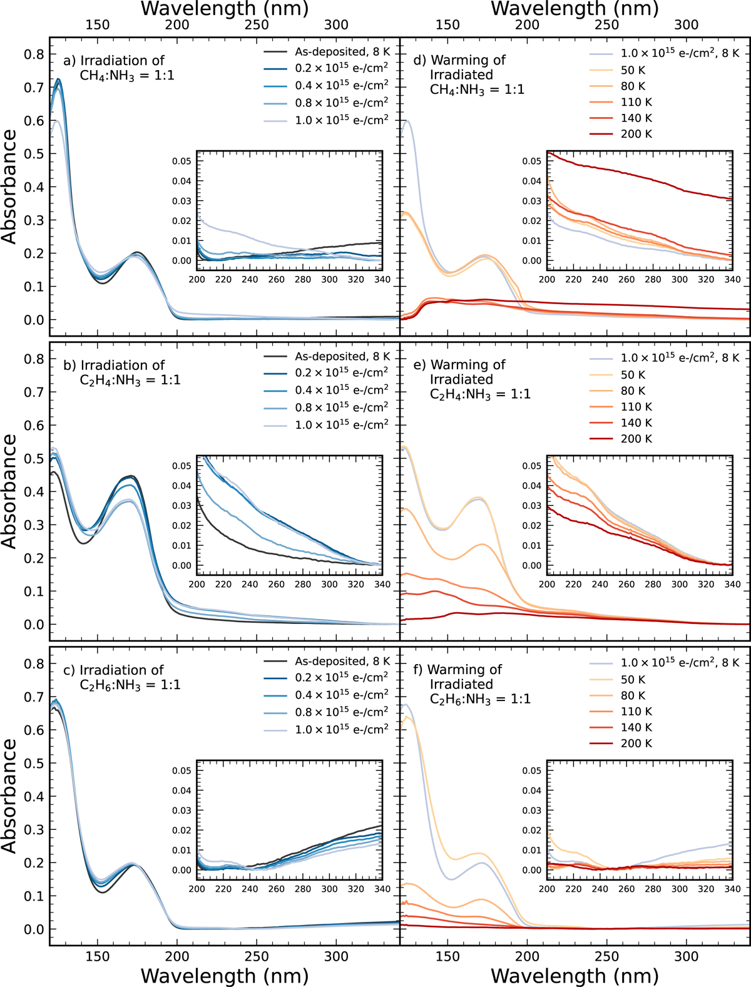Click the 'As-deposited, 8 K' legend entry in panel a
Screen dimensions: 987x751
(x=342, y=52)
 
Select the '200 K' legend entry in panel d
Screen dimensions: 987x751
(x=636, y=134)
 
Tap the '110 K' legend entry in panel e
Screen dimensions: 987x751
(x=636, y=407)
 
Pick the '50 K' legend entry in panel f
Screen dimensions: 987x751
(x=633, y=680)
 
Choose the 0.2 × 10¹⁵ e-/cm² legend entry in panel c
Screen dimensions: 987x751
(x=342, y=677)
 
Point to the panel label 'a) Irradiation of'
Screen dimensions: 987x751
(x=114, y=61)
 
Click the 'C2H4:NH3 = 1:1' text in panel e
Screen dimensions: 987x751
(x=480, y=394)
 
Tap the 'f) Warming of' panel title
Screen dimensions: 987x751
(x=458, y=670)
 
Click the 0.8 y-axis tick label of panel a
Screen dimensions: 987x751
(x=34, y=54)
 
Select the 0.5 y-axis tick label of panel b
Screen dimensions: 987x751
(x=34, y=459)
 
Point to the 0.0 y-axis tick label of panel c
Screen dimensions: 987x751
(x=34, y=929)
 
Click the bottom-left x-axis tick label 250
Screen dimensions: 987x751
(x=257, y=956)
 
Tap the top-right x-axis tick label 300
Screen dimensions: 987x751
(x=687, y=25)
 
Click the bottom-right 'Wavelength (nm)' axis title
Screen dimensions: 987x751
(x=575, y=976)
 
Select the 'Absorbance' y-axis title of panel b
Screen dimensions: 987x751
(x=9, y=491)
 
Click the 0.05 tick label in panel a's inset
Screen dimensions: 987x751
(x=182, y=161)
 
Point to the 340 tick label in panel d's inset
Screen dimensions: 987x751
(x=732, y=280)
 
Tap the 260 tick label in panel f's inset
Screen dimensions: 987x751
(x=626, y=889)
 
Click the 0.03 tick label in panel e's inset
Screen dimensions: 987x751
(x=532, y=506)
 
